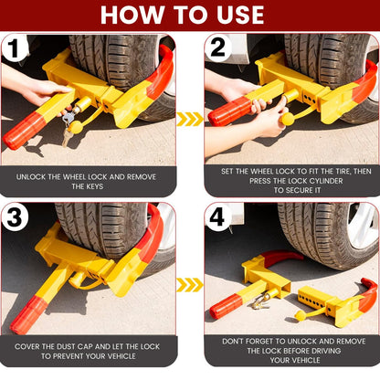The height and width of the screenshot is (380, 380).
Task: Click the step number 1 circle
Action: [14, 47]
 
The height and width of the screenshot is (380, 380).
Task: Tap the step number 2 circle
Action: [217, 47]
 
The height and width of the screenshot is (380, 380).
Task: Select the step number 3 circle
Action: [15, 217]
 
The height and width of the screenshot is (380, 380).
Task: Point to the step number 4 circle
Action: [217, 217]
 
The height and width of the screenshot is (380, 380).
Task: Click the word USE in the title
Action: [240, 15]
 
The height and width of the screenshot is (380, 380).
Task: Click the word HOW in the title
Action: [132, 15]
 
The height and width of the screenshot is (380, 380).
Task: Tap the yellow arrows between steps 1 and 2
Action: [190, 120]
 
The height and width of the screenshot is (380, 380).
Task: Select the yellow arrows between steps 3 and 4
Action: [190, 285]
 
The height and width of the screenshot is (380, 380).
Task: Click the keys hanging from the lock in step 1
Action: [68, 128]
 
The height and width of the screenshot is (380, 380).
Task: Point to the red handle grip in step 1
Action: [24, 131]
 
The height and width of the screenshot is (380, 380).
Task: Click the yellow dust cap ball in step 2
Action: [288, 119]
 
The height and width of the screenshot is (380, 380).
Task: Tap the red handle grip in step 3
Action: [28, 314]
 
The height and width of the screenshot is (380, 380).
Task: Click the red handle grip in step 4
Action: [227, 306]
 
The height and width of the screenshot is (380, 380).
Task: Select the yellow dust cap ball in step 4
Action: [301, 316]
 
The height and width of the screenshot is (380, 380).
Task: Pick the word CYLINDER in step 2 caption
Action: [326, 181]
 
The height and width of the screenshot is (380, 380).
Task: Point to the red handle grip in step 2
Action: [230, 111]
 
